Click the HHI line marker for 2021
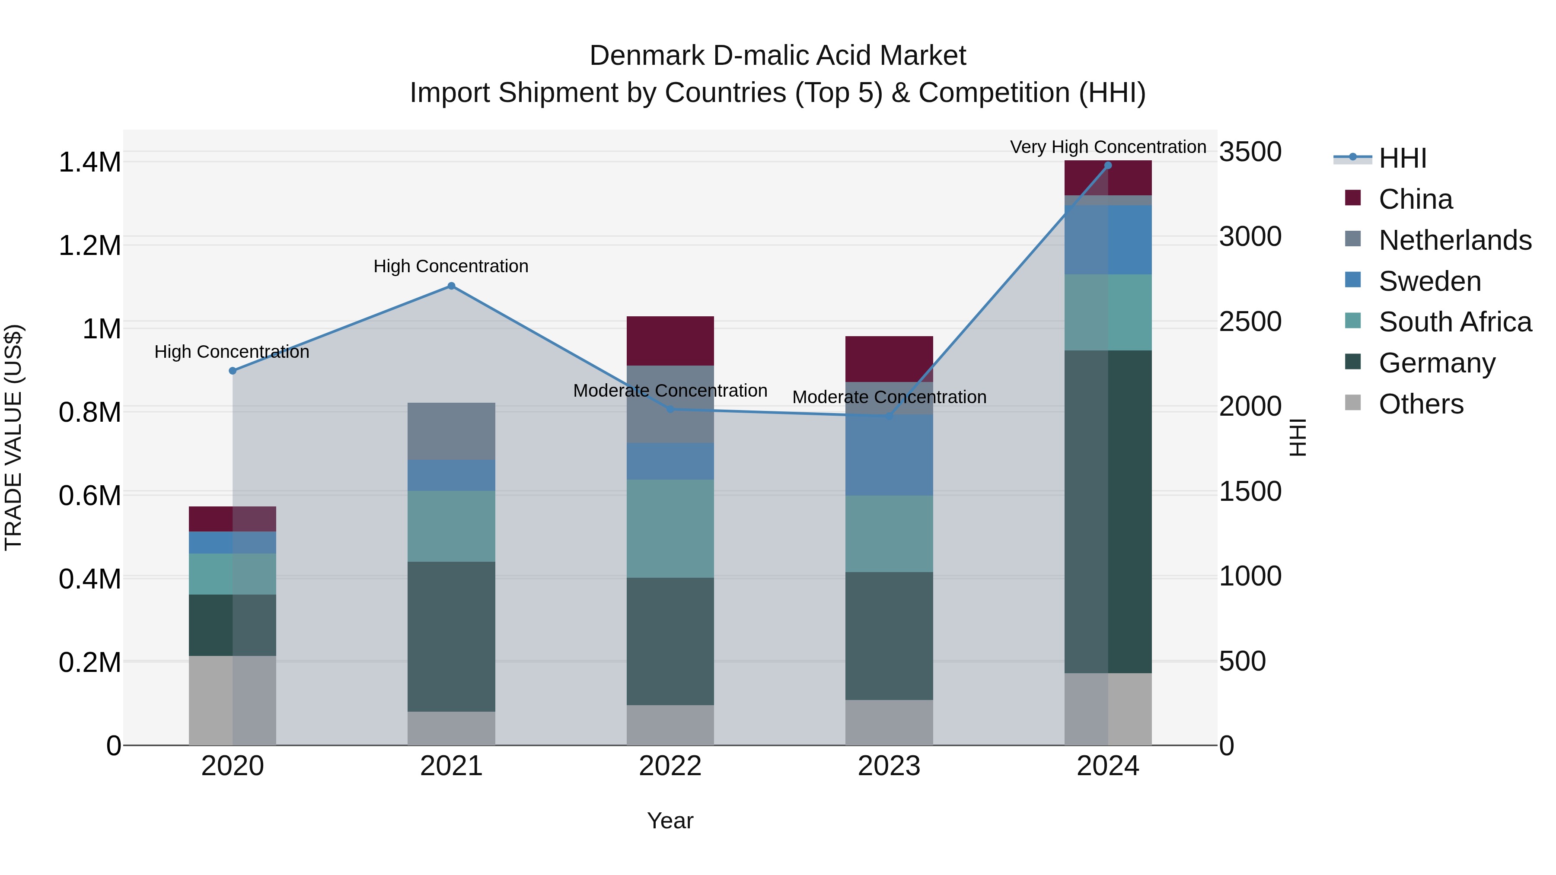coord(451,286)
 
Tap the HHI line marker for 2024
coord(1108,165)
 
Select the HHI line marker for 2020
coord(233,371)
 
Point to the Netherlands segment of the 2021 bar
coord(451,431)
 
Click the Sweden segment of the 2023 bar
coord(889,455)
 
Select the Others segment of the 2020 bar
coord(233,700)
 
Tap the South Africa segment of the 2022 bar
coord(670,528)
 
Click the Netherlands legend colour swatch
coord(1353,239)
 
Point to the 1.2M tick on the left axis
coord(89,246)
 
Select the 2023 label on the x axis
coord(889,766)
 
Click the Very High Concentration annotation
coord(1108,147)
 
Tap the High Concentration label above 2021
coord(451,266)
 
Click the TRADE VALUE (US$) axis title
coord(13,437)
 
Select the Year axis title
coord(670,821)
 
